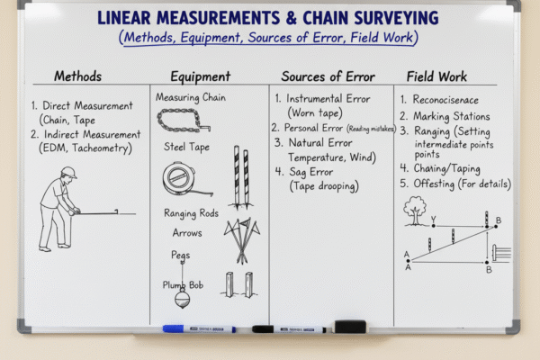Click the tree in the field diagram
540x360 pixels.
(415, 209)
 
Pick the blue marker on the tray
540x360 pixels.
(199, 328)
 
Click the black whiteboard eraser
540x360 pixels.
(349, 326)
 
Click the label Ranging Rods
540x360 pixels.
(193, 213)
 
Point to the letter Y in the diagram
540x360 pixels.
(433, 219)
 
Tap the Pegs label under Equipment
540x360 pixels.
(180, 255)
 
